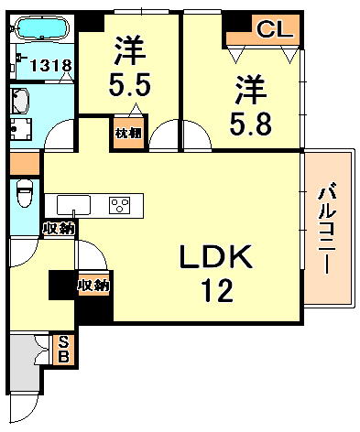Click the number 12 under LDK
(217, 292)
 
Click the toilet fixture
(25, 194)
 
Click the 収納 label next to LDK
(93, 286)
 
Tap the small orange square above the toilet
(24, 165)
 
